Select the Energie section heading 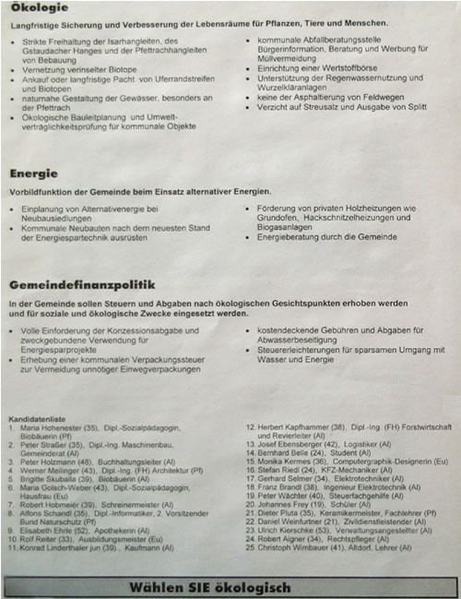pos(34,173)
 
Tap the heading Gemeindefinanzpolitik pos(82,285)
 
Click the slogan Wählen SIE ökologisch pos(230,587)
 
